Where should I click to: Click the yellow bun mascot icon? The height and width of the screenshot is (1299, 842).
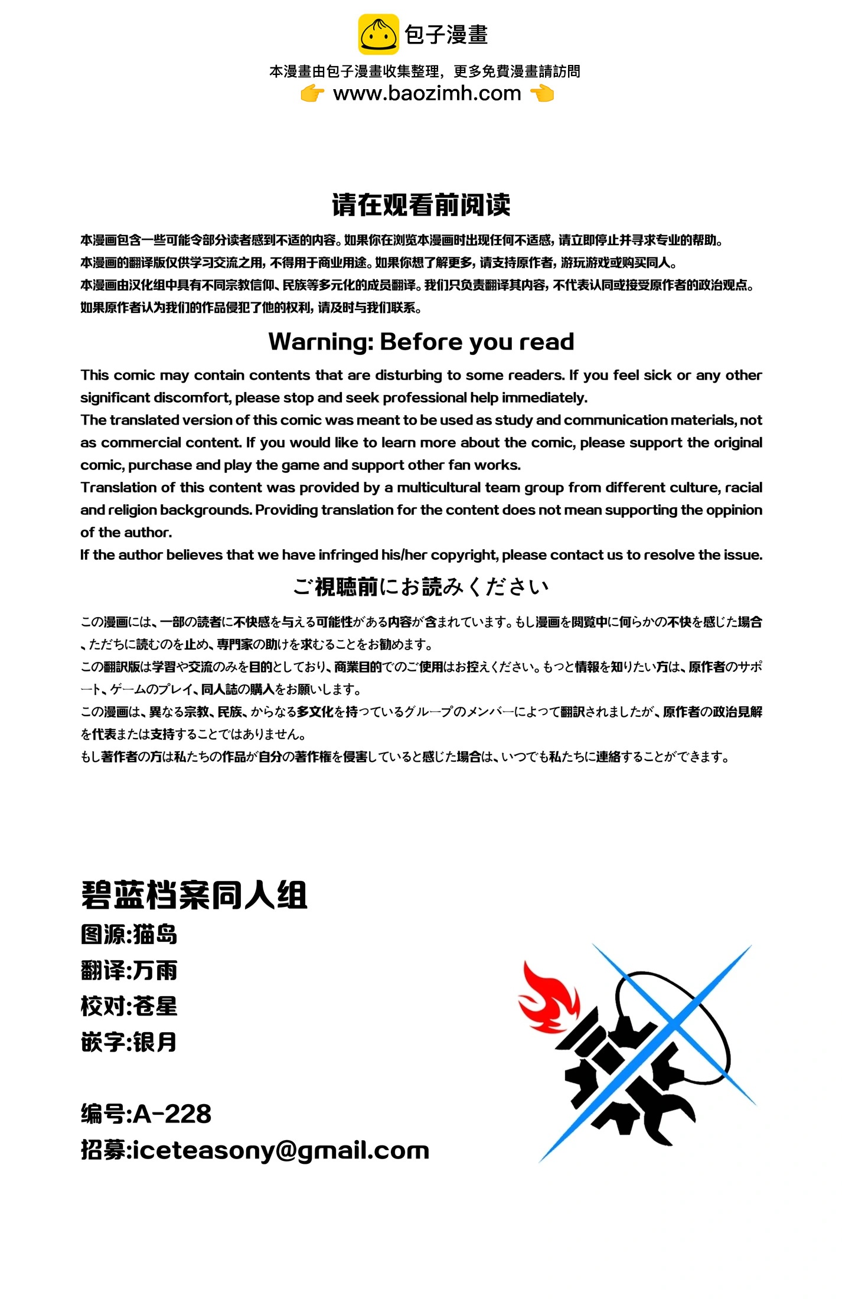click(x=378, y=34)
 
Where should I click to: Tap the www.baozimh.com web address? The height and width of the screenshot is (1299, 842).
click(x=427, y=93)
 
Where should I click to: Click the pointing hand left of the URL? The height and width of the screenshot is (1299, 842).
click(x=312, y=93)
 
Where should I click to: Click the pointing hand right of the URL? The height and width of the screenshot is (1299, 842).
click(x=542, y=93)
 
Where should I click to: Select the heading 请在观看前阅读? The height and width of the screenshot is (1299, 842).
click(x=421, y=205)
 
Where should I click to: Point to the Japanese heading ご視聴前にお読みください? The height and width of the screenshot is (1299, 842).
click(x=421, y=586)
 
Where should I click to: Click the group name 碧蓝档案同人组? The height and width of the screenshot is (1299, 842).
click(x=194, y=895)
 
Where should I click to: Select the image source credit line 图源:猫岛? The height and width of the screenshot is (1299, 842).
click(x=129, y=935)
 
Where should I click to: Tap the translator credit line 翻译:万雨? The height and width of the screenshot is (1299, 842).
click(x=129, y=971)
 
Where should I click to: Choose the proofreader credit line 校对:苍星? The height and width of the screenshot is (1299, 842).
click(x=129, y=1006)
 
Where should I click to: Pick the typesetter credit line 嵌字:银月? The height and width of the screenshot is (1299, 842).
click(x=129, y=1042)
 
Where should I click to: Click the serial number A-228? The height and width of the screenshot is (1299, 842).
click(x=172, y=1114)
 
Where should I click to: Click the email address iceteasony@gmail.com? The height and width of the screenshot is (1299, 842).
click(x=281, y=1150)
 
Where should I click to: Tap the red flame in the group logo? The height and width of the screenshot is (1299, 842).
click(x=549, y=998)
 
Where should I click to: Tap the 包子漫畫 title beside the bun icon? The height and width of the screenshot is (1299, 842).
click(x=446, y=34)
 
